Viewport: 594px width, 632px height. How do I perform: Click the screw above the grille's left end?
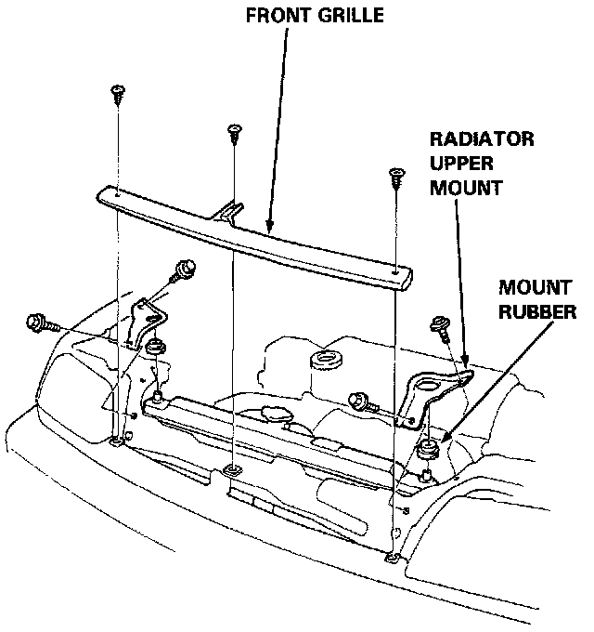118,92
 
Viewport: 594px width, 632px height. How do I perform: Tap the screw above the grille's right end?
397,176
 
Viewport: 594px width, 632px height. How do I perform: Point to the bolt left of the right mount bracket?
360,402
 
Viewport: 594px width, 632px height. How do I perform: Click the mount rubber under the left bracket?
154,349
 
